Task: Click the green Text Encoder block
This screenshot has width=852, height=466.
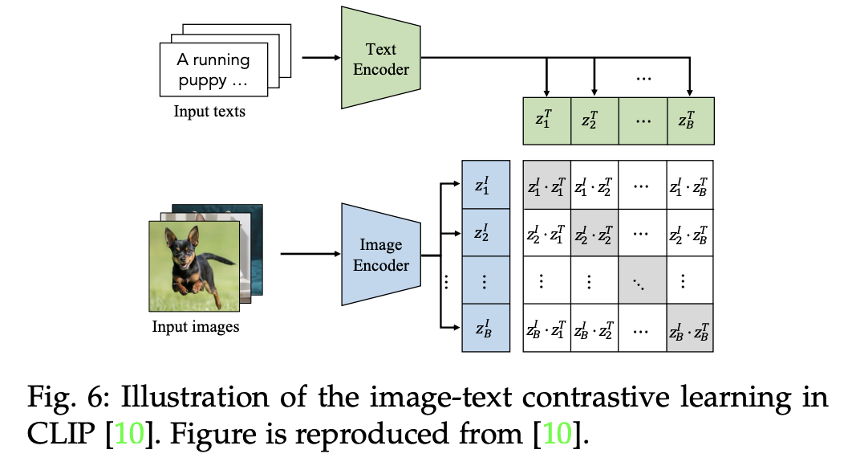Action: [380, 59]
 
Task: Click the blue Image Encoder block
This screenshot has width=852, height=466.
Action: [380, 255]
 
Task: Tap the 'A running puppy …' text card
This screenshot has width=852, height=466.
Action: [213, 71]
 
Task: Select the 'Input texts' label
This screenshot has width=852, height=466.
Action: [209, 112]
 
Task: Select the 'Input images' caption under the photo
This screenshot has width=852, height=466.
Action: [196, 327]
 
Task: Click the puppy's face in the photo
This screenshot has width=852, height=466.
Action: [182, 246]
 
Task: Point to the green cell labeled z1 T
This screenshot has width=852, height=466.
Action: [546, 121]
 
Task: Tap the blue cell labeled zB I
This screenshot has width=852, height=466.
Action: [485, 328]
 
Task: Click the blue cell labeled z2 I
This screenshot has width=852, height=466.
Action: [485, 234]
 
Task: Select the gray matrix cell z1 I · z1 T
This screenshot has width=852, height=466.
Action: [546, 187]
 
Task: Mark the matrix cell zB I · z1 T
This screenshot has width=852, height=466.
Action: [546, 328]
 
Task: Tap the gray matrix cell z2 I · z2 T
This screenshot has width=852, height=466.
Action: [594, 234]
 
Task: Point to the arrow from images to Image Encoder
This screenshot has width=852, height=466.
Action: [308, 255]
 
